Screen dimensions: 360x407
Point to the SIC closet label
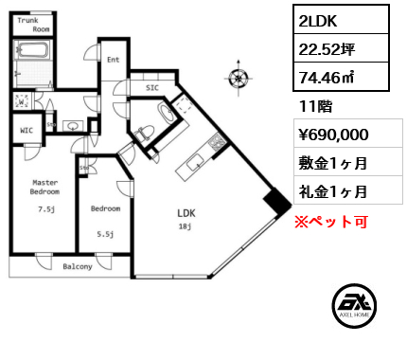[151, 87]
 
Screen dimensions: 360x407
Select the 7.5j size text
[44, 209]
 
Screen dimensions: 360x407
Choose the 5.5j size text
[105, 234]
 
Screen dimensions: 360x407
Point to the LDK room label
[186, 213]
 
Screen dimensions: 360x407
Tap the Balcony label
[77, 266]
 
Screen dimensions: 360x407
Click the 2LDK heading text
[319, 21]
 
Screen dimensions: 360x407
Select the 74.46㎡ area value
[327, 77]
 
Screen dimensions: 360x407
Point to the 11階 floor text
[310, 106]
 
